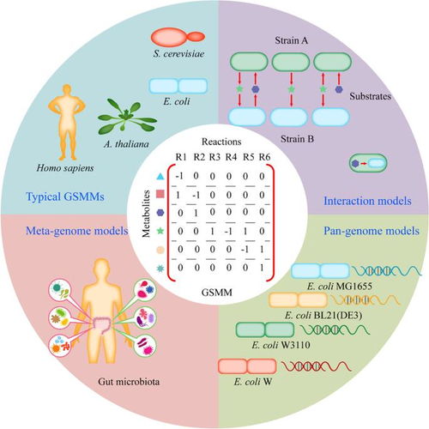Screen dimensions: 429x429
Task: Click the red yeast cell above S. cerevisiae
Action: [178, 38]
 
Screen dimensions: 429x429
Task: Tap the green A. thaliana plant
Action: [127, 117]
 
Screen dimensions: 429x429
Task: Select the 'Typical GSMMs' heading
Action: [65, 196]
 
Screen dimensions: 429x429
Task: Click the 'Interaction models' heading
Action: [367, 201]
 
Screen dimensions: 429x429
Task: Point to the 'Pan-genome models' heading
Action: [372, 231]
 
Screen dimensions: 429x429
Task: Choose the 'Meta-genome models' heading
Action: [77, 231]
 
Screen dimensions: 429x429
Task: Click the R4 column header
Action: [231, 157]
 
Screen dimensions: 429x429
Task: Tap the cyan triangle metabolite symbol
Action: [160, 177]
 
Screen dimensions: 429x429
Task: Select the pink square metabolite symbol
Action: [160, 195]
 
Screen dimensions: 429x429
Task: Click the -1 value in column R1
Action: [179, 176]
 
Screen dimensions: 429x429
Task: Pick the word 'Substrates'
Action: [370, 96]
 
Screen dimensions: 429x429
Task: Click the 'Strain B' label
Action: [297, 139]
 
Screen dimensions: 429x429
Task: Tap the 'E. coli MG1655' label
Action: [340, 286]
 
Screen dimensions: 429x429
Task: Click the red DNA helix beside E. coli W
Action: [317, 366]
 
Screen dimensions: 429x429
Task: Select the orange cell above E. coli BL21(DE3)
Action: [298, 300]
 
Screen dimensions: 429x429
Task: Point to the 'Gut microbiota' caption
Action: [129, 382]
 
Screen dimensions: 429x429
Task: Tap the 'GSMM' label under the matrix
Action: [217, 293]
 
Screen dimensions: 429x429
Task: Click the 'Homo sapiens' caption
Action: [65, 168]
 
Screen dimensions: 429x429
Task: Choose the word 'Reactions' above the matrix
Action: [221, 142]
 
